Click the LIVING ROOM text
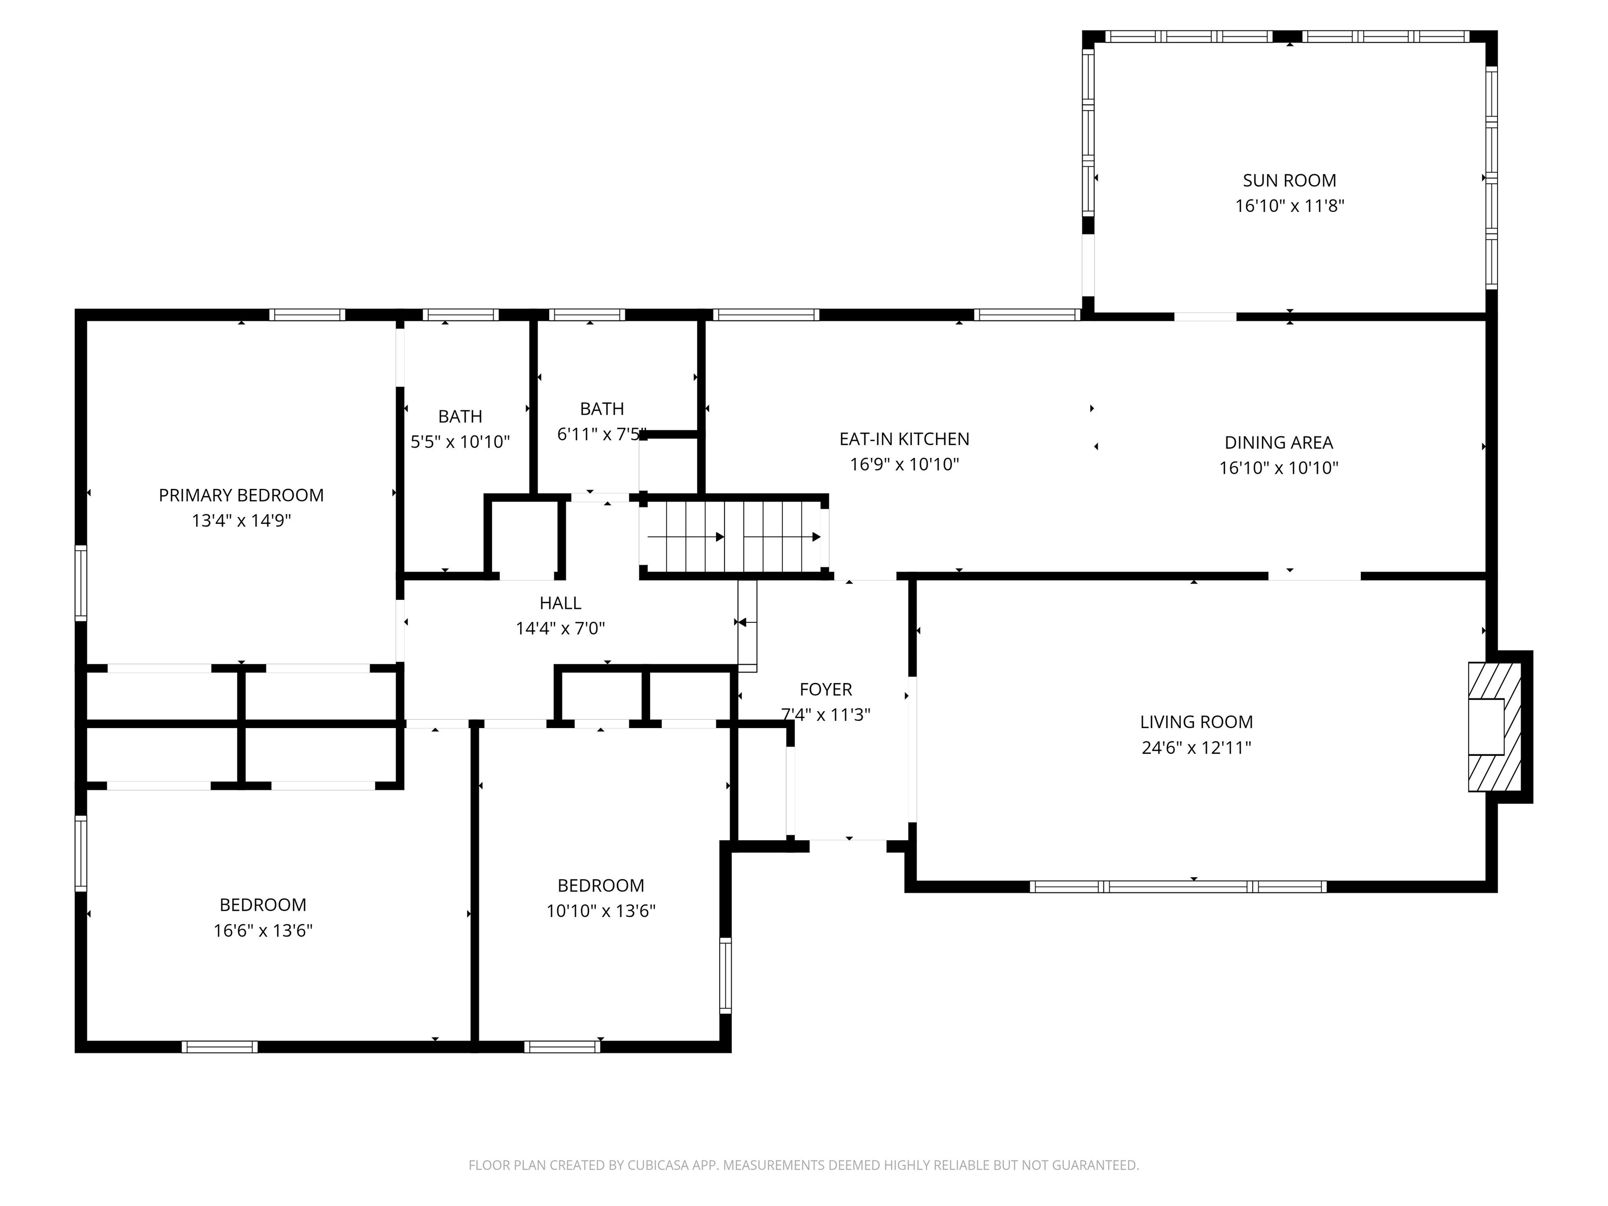coord(1196,722)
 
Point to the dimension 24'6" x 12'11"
coord(1196,747)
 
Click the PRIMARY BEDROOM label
coord(241,495)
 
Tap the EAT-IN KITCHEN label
coord(904,439)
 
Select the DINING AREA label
coord(1279,443)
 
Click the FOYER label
coord(826,689)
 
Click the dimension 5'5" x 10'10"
coord(460,442)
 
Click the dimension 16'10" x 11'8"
coord(1290,206)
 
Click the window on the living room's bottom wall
coord(1178,886)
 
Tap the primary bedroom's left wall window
coord(81,583)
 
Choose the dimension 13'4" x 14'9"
coord(241,520)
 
